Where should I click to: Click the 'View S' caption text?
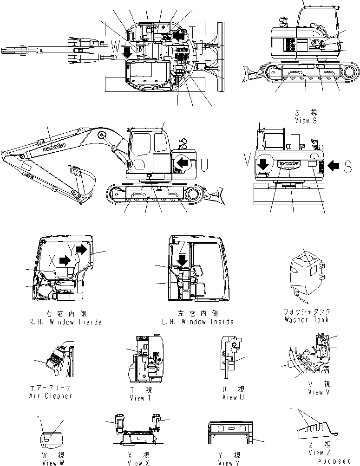(x=305, y=120)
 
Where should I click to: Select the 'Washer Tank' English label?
(x=306, y=320)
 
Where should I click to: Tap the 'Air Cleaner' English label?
(x=50, y=396)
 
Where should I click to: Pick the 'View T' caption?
(x=140, y=397)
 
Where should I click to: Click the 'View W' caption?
(x=50, y=462)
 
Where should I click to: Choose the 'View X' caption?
(x=139, y=462)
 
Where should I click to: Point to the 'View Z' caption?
(x=319, y=453)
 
